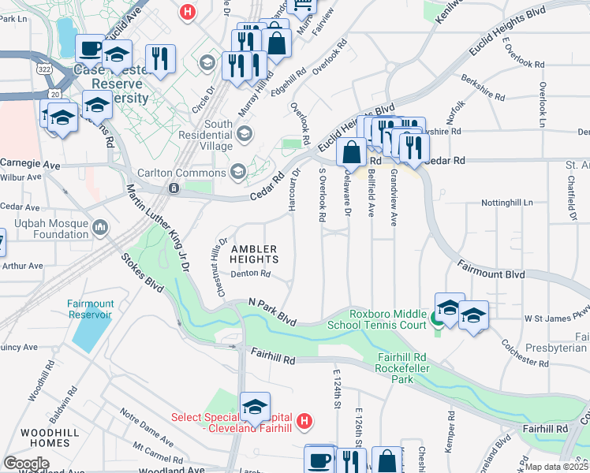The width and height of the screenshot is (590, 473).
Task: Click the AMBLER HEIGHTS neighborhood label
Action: tap(254, 253)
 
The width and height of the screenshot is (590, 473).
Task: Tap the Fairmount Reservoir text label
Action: tap(90, 309)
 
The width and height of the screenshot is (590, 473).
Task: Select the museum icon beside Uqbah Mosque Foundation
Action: tap(100, 229)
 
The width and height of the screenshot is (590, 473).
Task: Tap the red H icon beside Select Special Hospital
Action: tap(305, 422)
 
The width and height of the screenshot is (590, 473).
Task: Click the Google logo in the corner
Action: tap(26, 464)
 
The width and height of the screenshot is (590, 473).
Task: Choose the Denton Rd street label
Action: tap(251, 274)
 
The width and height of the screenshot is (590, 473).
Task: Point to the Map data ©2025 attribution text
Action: tap(557, 467)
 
